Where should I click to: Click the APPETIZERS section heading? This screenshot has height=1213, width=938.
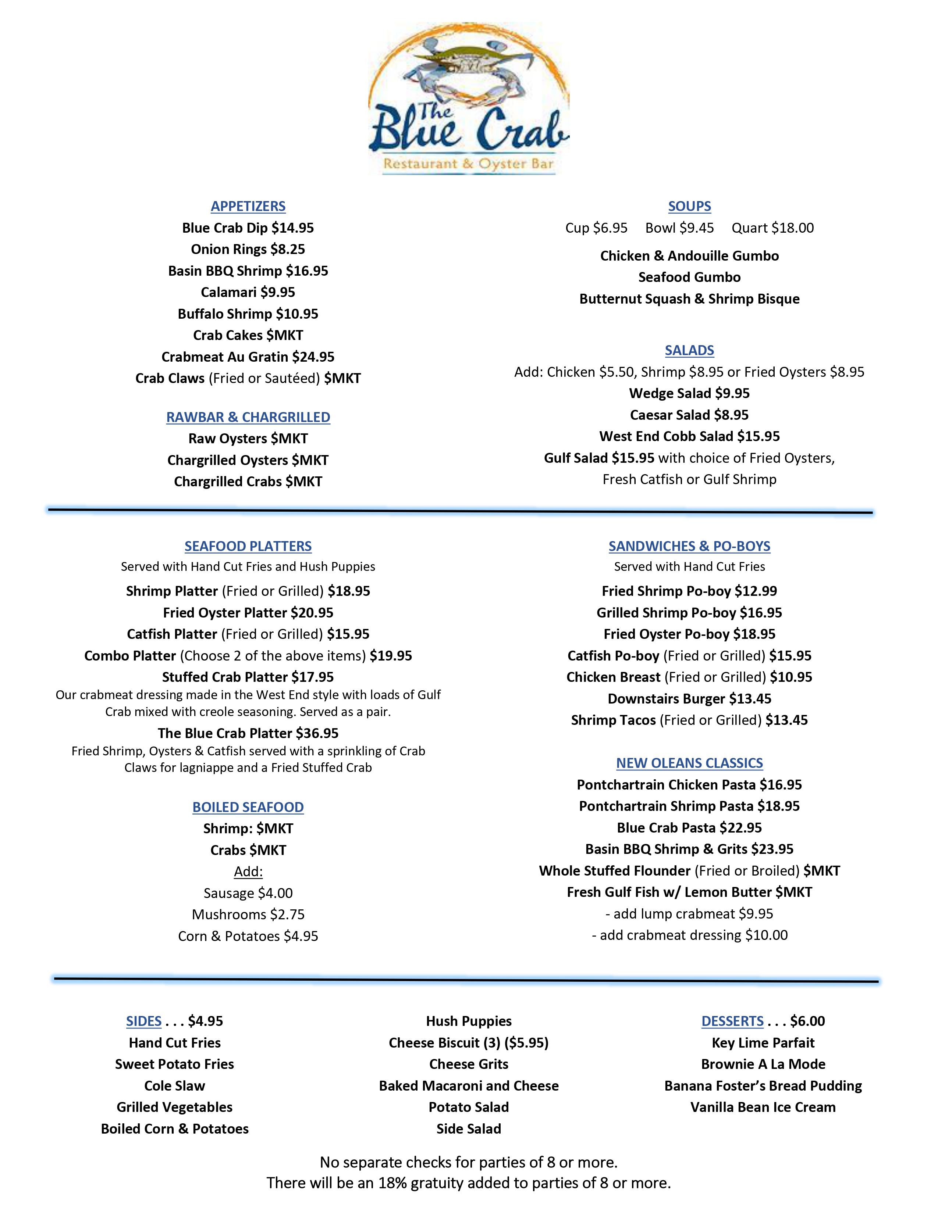[x=248, y=206]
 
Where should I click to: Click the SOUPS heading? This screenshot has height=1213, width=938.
[x=689, y=206]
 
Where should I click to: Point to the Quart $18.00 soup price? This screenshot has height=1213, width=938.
[x=772, y=228]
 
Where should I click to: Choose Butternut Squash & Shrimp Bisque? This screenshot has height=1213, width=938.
[x=689, y=299]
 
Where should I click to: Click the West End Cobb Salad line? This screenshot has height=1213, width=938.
[x=689, y=437]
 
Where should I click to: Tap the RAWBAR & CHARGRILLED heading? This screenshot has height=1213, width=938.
[x=248, y=417]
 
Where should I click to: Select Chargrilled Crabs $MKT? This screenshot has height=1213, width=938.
[x=248, y=482]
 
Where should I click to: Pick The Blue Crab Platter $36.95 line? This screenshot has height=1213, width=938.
[x=248, y=733]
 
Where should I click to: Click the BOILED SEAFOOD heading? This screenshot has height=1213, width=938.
[x=248, y=807]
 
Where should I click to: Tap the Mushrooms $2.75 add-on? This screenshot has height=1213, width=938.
[x=248, y=914]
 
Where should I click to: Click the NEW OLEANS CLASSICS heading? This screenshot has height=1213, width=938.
[x=689, y=763]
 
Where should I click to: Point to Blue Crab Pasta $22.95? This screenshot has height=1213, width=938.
[x=689, y=827]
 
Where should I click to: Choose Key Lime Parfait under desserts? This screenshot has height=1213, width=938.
[x=763, y=1042]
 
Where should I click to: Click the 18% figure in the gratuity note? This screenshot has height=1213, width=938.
[x=392, y=1183]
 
